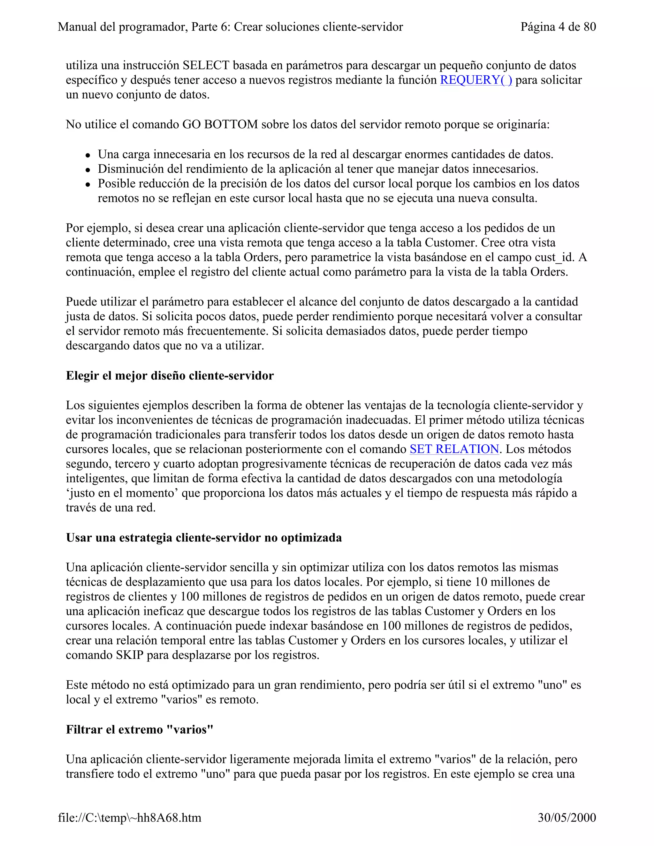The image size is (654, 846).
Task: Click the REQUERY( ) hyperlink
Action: pyautogui.click(x=476, y=80)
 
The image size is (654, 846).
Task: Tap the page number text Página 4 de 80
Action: pyautogui.click(x=558, y=27)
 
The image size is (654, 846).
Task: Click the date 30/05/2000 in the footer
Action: pyautogui.click(x=567, y=818)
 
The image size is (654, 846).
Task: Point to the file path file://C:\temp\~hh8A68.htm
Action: pyautogui.click(x=130, y=818)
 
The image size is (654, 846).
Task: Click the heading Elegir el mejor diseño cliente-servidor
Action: pyautogui.click(x=170, y=375)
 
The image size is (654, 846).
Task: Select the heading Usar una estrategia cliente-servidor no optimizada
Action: pyautogui.click(x=204, y=538)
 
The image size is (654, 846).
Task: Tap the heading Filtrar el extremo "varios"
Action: pyautogui.click(x=140, y=729)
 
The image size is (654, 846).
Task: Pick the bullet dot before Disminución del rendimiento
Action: pyautogui.click(x=88, y=170)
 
